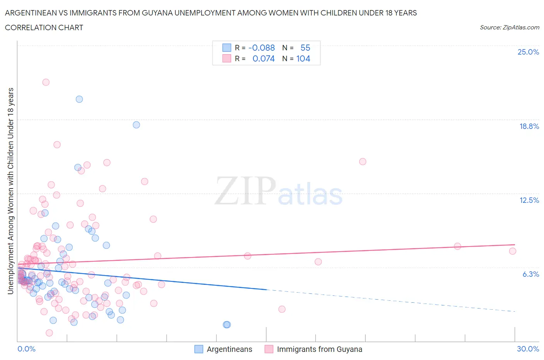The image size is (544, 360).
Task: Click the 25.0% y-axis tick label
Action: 528,52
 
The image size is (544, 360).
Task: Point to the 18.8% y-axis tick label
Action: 529,126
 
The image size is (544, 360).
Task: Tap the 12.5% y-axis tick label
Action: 529,200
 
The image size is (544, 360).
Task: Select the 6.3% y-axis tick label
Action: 530,274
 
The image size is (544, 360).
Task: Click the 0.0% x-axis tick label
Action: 26,349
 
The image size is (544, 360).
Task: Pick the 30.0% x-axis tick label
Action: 528,349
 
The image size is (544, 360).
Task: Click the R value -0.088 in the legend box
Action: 261,48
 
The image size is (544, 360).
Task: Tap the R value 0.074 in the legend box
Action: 263,58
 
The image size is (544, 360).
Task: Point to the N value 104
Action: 303,58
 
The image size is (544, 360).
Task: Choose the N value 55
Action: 305,48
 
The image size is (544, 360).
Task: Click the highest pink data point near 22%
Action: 46,82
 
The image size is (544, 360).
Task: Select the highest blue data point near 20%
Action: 79,99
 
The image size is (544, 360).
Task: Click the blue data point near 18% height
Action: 136,125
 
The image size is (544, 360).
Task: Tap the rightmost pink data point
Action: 513,251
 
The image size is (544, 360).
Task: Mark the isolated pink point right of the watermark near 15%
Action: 363,161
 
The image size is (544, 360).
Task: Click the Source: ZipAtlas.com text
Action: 509,27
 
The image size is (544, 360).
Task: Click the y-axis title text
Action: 10,191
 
